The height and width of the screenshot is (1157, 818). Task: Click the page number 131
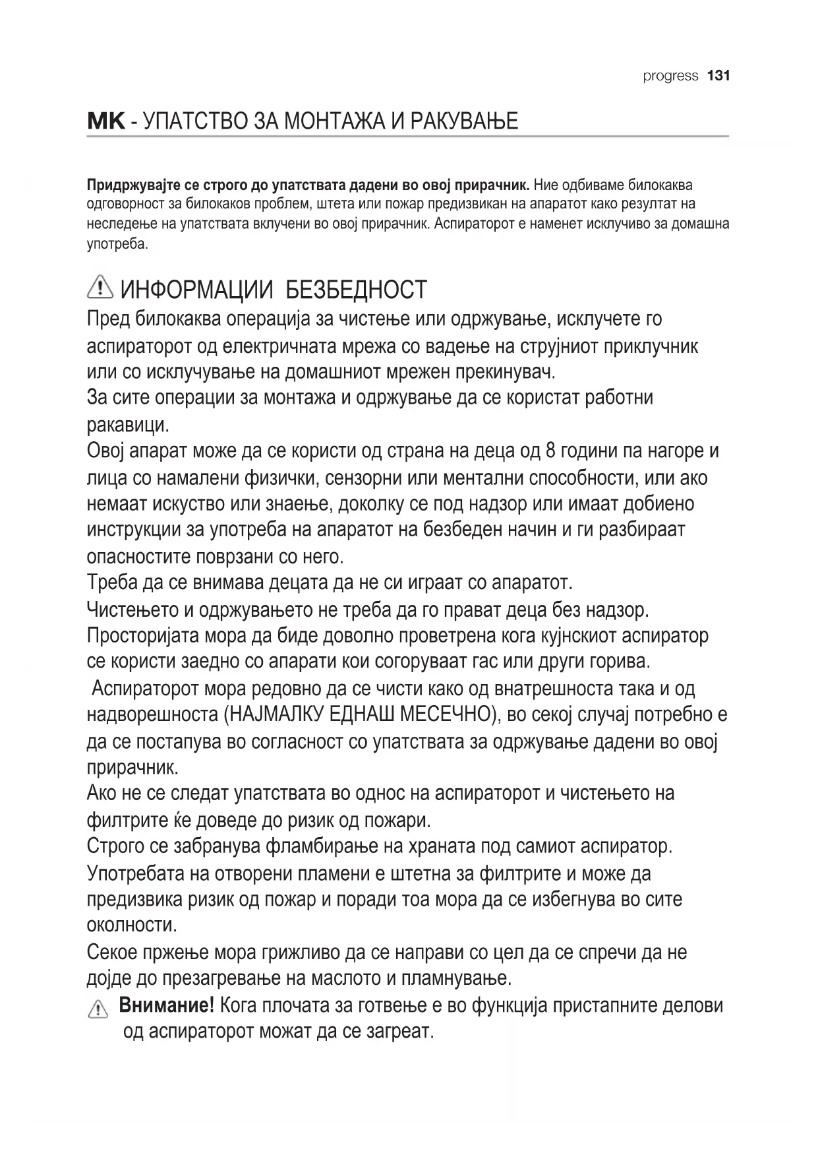pos(718,76)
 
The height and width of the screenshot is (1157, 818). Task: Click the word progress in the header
pos(670,76)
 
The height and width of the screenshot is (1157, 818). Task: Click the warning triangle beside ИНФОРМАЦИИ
pos(100,288)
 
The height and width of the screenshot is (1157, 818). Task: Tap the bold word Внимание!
pos(166,1006)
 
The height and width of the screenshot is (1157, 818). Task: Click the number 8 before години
pos(552,451)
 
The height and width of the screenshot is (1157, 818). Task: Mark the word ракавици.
pos(128,425)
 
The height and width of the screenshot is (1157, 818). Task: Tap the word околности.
pos(132,925)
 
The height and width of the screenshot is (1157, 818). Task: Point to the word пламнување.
pos(455,978)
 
